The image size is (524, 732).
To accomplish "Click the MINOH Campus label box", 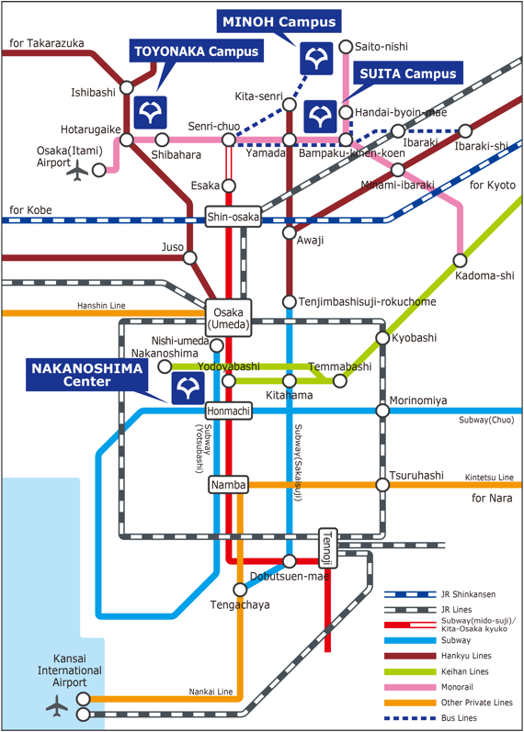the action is pos(279,21).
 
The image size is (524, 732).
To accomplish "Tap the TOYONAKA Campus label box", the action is pos(197,51).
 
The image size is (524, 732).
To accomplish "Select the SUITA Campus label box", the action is pos(408,73).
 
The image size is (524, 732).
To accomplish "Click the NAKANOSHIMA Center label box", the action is pos(87,375).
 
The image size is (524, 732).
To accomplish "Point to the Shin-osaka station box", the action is pos(233,217).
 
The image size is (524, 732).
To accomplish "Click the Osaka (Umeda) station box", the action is pos(228,318).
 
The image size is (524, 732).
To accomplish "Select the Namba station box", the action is pos(228,485).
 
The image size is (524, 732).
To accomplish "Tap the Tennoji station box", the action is pos(327,548).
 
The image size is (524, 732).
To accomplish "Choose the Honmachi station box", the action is pos(229,411).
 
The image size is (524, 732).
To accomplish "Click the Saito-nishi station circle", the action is pos(346,47).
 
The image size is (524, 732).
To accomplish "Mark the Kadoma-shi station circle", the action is pos(460,260).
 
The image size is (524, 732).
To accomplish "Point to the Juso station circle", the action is pos(189,258).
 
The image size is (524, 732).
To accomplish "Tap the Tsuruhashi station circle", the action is pos(382,485).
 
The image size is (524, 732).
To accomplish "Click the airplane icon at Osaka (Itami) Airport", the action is pos(77,171).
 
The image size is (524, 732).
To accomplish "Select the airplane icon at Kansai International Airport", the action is pos(57,705).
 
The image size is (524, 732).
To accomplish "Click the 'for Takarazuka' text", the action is pos(47,43).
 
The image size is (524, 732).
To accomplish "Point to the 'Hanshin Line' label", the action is pos(101,305).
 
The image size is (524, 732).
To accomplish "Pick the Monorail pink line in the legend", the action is pos(410,687).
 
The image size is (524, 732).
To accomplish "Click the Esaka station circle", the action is pos(229,186).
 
